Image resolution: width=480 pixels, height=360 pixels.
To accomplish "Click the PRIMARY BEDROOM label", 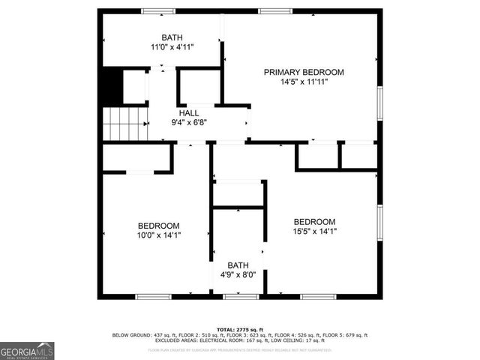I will point(304,72).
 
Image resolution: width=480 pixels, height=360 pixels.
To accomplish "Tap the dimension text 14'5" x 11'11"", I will point(304,82).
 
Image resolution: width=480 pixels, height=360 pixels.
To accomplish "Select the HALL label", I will point(189,112).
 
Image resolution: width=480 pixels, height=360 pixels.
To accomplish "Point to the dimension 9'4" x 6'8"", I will point(189,122).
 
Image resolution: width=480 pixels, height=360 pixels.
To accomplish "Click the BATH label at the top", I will point(172,37).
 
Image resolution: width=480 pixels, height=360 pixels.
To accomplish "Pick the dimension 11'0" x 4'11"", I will point(172,47).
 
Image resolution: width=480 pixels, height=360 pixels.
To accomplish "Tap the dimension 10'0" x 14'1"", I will point(158,235).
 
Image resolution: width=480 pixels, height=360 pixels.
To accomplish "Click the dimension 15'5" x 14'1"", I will point(314,231).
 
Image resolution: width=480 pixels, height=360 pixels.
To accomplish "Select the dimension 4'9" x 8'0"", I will point(238,274).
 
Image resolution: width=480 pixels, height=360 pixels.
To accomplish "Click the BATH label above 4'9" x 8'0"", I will point(238,265).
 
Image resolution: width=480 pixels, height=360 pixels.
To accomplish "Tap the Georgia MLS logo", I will point(27,350).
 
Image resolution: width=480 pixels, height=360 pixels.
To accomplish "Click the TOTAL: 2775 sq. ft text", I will point(239,329).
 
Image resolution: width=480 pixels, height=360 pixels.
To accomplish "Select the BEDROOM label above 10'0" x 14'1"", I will point(158,225).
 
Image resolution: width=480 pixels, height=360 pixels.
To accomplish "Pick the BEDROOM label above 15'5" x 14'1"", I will point(314,221).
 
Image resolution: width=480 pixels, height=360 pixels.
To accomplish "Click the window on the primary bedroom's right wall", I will point(379,105).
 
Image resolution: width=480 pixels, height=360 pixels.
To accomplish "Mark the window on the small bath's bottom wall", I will point(239,297).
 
